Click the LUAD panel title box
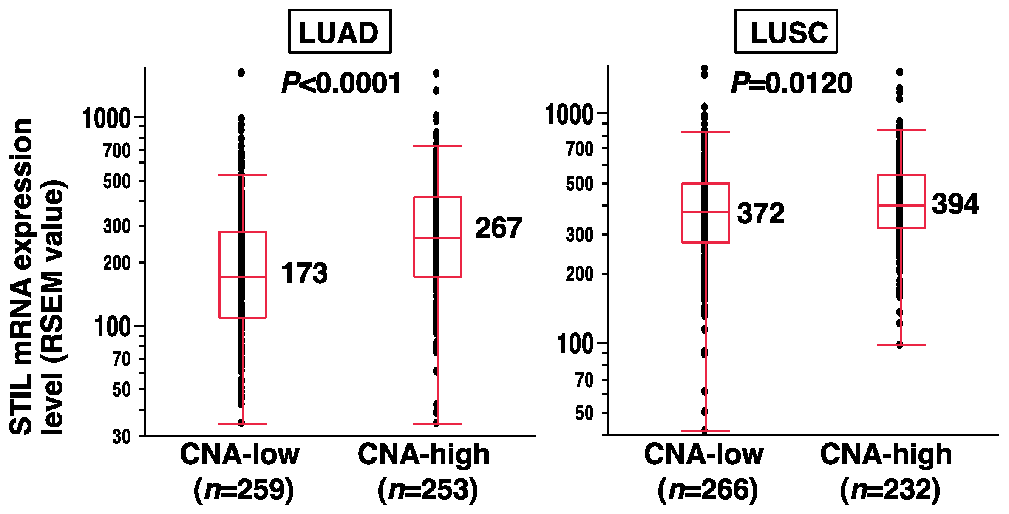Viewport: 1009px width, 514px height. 340,31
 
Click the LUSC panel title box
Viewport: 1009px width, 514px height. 786,31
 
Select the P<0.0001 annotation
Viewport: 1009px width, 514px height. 341,83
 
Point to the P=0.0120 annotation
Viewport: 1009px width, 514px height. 791,83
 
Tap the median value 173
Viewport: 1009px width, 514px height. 304,273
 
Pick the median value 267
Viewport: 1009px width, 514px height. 499,228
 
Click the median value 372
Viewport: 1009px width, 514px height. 761,213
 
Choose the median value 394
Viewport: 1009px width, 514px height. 955,204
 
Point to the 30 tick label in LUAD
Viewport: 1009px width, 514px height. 122,437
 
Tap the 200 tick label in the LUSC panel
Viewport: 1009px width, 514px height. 579,274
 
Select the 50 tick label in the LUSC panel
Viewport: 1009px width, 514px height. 584,413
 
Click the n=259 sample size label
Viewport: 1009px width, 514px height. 244,490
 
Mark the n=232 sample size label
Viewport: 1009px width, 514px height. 890,490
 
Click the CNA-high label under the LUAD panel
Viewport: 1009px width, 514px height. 424,454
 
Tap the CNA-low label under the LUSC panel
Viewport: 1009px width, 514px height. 703,454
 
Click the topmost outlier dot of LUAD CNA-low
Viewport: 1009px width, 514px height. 241,73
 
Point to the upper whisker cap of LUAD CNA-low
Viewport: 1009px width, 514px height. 243,175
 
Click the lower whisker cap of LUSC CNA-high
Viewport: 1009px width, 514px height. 901,345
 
